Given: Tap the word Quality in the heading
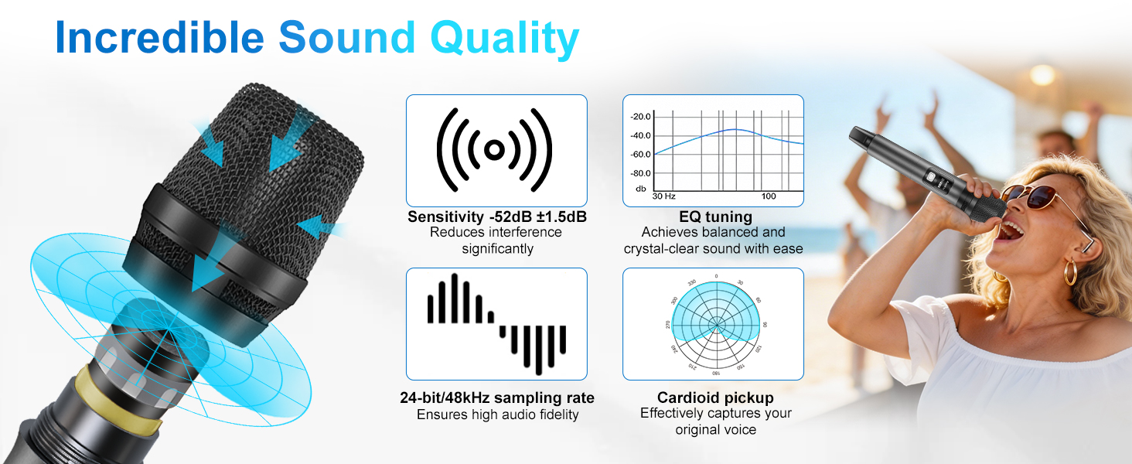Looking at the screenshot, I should (x=504, y=37).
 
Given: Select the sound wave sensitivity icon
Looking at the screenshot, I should (x=496, y=148).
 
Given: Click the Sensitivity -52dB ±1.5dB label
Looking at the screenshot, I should (x=496, y=217).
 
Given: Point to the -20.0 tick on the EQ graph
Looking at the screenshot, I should (x=641, y=117).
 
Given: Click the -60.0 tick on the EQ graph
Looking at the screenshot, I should (x=641, y=155).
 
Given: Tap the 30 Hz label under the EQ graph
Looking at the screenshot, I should (x=663, y=196).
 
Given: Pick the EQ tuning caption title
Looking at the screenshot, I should (x=714, y=217).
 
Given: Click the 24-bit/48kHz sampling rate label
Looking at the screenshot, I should (x=497, y=398).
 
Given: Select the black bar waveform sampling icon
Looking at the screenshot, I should (x=496, y=322).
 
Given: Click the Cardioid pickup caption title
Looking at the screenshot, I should (x=715, y=398).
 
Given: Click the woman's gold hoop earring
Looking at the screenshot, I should (x=1070, y=271).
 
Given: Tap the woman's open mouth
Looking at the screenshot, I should (x=1012, y=230).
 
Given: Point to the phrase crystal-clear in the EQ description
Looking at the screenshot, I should (x=666, y=249).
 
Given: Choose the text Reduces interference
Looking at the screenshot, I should (x=496, y=232).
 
